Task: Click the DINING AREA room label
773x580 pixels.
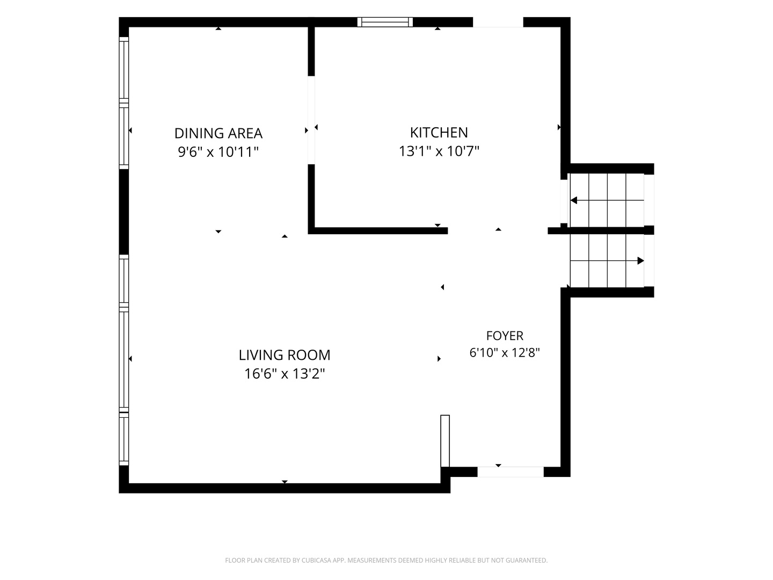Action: (218, 134)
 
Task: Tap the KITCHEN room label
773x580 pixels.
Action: (439, 133)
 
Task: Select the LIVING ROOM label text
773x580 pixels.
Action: (285, 355)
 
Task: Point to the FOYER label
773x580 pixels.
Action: (505, 336)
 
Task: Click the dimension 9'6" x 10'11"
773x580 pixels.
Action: (218, 152)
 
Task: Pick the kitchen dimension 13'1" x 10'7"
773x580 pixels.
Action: (439, 151)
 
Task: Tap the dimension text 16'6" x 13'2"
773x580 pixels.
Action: (285, 374)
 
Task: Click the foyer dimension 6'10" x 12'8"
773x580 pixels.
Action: (505, 352)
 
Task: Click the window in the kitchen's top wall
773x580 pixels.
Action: (385, 22)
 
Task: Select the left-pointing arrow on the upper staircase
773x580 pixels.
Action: (607, 200)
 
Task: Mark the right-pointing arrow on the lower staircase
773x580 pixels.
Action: (607, 261)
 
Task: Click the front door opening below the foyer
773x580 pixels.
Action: (511, 472)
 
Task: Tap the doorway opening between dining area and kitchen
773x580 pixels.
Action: (311, 120)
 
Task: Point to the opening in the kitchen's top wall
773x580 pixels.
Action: (498, 22)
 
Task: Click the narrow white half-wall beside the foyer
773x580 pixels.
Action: (445, 441)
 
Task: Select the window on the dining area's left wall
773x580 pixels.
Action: (123, 103)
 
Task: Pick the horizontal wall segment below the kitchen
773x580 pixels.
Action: (378, 231)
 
